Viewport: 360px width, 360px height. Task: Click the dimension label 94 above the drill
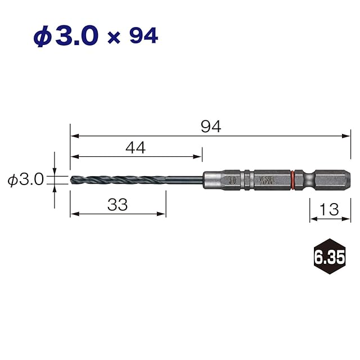pos(211,127)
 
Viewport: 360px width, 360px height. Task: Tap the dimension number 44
pos(136,147)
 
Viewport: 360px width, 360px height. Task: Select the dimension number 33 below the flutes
pos(118,205)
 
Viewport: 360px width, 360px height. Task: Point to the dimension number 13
pos(329,209)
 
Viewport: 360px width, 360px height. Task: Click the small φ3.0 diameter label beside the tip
pos(25,179)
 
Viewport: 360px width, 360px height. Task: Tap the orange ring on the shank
pos(292,180)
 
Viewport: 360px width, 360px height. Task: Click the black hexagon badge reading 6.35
pos(330,256)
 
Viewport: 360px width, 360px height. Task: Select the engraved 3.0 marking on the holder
pos(232,180)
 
